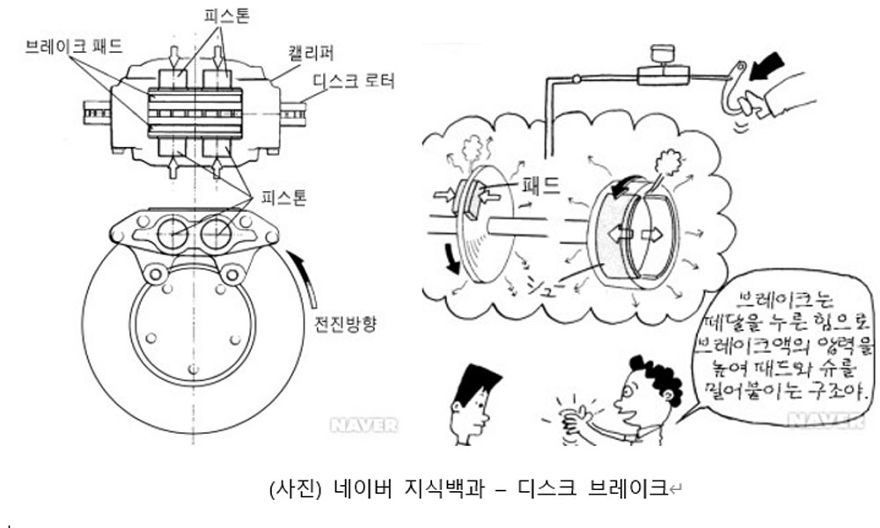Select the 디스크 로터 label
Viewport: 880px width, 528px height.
tap(355, 82)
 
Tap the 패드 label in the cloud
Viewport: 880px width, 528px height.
tap(546, 186)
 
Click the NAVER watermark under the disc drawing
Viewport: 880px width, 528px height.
tap(363, 426)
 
